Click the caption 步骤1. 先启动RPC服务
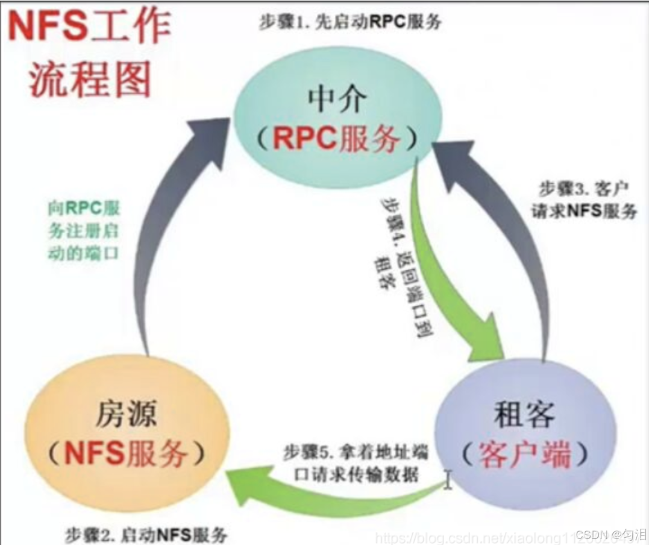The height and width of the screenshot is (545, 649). coord(350,23)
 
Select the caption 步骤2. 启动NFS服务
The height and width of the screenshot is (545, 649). coord(146,534)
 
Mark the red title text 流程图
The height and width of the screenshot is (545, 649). coord(89,80)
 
